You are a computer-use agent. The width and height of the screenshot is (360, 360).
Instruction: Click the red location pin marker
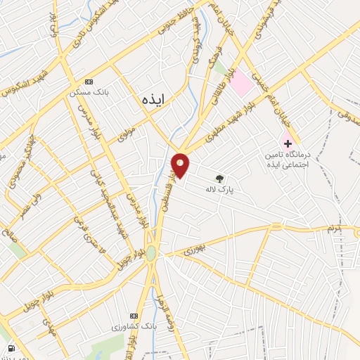[181, 165]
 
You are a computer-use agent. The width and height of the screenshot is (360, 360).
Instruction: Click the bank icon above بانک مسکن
[88, 82]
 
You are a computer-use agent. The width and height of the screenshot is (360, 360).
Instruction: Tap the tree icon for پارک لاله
[219, 179]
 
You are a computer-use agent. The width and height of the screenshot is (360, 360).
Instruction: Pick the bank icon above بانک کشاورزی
[134, 316]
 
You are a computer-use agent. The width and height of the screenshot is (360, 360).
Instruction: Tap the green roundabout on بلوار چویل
[151, 254]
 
